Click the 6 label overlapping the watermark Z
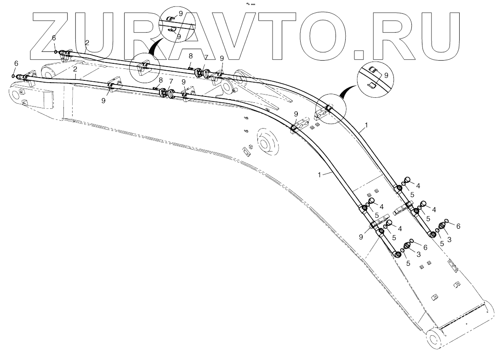coord(54,38)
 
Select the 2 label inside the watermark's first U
coord(87,42)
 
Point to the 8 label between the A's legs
coord(190,56)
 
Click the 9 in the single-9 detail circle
coord(386,75)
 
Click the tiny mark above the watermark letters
coord(251,3)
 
